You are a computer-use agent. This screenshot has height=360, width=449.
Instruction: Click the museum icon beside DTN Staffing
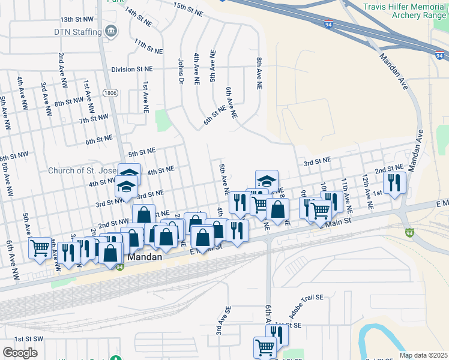[x=110, y=31]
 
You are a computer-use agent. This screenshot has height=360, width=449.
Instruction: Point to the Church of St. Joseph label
[x=83, y=170]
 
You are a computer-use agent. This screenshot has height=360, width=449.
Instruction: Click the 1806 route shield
[x=109, y=93]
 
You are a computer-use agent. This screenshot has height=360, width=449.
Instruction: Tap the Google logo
[x=20, y=353]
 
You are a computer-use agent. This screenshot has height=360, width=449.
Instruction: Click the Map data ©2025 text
[x=423, y=355]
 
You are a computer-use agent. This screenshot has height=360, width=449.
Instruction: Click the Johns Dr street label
[x=180, y=71]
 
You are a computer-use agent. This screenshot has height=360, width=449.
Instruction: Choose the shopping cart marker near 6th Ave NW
[x=40, y=247]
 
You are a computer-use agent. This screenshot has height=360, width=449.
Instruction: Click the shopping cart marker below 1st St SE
[x=265, y=346]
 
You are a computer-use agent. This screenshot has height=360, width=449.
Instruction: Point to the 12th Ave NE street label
[x=367, y=192]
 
